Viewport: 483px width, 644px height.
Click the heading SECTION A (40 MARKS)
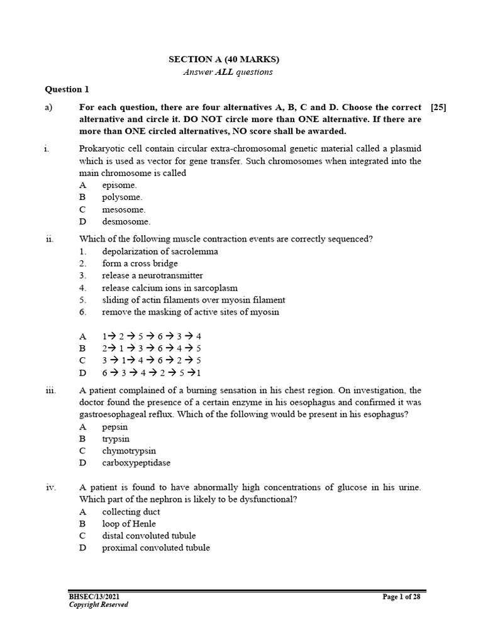[223, 60]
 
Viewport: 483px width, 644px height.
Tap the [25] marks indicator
[438, 108]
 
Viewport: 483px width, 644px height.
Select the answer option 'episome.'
[119, 186]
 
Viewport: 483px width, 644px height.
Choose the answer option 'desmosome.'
[126, 221]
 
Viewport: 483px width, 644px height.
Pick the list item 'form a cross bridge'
[140, 264]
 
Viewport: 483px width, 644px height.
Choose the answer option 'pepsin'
[115, 427]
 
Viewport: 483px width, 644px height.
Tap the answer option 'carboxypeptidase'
[136, 463]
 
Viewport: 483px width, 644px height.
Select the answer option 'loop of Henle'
[129, 523]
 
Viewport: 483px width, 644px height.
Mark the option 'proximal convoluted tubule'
[156, 548]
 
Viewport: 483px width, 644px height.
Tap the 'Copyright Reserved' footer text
[99, 605]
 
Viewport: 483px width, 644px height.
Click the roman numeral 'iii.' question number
[52, 391]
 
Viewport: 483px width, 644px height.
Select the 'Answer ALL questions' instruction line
[228, 72]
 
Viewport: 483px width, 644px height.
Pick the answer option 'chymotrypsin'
[129, 451]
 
